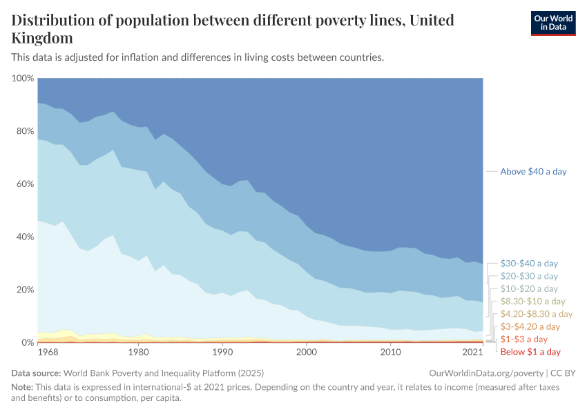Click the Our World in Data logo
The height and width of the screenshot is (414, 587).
click(x=552, y=23)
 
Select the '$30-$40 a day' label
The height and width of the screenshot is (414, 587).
click(x=529, y=264)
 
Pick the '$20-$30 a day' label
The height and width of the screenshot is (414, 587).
click(x=529, y=276)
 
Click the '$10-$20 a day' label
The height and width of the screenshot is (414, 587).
click(x=529, y=288)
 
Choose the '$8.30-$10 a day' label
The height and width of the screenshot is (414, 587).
click(x=532, y=302)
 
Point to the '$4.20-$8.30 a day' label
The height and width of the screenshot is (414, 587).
click(x=536, y=314)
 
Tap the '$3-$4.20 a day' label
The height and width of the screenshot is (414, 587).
click(x=530, y=326)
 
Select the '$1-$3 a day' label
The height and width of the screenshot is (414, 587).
click(x=524, y=339)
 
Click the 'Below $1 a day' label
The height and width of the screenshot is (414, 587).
click(x=530, y=352)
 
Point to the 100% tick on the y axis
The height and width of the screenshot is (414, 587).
click(x=23, y=79)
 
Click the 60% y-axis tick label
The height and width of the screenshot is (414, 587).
click(x=25, y=184)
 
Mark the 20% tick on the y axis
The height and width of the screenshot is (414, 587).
click(x=25, y=290)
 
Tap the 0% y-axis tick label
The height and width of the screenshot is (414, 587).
click(x=28, y=343)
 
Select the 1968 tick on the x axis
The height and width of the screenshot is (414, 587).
click(x=48, y=353)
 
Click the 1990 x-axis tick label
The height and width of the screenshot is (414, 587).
click(x=222, y=353)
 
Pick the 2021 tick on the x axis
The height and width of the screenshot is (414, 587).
click(x=472, y=353)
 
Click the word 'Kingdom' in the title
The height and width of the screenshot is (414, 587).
click(x=42, y=37)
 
